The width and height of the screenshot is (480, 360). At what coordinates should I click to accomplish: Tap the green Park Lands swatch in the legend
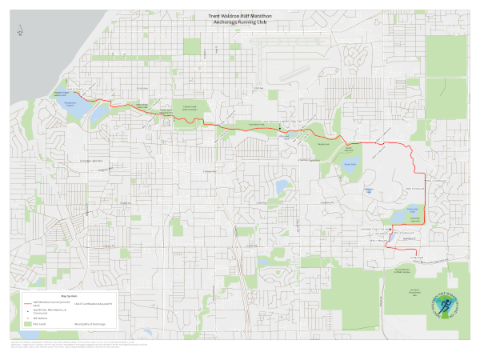(x=26, y=323)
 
